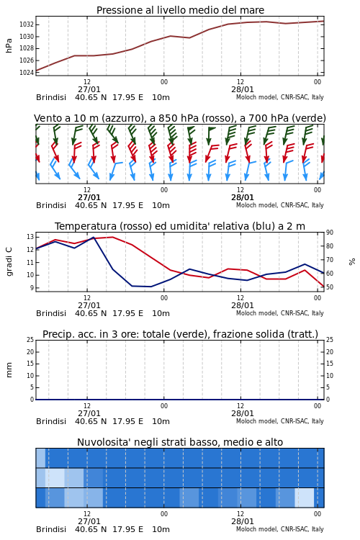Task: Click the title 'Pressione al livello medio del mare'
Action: (180, 10)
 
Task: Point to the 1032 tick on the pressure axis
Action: (26, 24)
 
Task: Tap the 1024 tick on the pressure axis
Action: (26, 72)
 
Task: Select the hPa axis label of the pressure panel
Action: (9, 45)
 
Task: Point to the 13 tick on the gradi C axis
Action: (30, 237)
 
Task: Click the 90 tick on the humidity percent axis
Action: (330, 233)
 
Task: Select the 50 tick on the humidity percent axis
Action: (330, 287)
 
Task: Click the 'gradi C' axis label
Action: (9, 261)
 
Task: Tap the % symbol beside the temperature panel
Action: (352, 262)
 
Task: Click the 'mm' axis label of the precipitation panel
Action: (9, 370)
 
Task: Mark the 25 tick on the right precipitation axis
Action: (330, 340)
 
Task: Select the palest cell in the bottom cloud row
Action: (304, 498)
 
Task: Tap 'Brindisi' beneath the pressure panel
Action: (51, 98)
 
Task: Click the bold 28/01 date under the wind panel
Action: (243, 198)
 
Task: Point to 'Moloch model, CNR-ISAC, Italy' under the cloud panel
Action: (280, 529)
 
